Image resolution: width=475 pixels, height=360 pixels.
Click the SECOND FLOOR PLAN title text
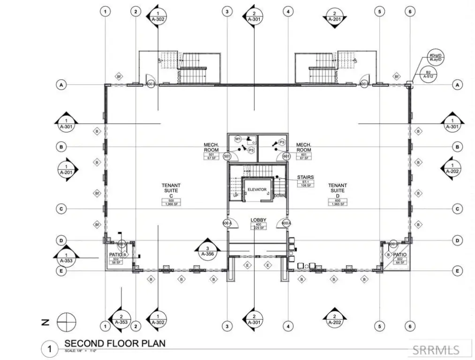(x=114, y=344)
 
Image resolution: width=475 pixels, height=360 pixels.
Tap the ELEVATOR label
(x=256, y=189)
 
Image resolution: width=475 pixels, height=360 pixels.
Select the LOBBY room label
(x=258, y=220)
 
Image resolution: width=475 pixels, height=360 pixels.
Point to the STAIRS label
(x=305, y=178)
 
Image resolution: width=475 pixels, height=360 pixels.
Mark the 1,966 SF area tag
(x=171, y=203)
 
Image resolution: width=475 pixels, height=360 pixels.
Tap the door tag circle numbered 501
(x=227, y=156)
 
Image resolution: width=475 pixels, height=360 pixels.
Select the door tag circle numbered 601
(x=287, y=156)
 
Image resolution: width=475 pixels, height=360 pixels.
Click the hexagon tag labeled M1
(x=238, y=139)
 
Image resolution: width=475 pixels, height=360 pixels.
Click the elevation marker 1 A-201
(x=66, y=170)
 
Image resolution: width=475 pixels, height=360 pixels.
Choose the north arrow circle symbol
(x=66, y=322)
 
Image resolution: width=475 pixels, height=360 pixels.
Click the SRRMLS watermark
(x=436, y=349)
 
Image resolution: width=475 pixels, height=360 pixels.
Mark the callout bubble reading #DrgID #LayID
(x=436, y=58)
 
